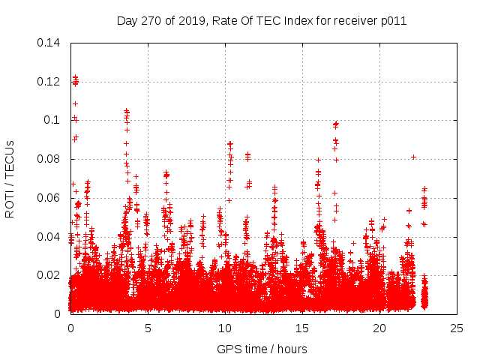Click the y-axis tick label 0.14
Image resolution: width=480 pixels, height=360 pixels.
tap(49, 42)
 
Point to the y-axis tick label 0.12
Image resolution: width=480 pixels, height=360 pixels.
tap(49, 81)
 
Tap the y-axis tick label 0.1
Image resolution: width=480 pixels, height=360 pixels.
tap(52, 120)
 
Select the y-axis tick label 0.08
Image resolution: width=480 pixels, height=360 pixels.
tap(49, 159)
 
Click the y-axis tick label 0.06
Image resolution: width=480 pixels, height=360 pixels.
tap(49, 198)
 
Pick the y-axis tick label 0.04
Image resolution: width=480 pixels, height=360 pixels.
tap(49, 237)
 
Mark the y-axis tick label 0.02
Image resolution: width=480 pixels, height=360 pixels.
tap(49, 275)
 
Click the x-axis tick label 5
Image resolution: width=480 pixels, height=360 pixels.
tap(148, 328)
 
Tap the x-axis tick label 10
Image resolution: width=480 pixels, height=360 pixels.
tap(225, 328)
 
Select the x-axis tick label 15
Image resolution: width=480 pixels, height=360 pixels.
tap(302, 328)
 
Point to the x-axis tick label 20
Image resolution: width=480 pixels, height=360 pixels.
tap(379, 328)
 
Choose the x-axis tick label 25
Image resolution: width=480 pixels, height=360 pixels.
tap(457, 328)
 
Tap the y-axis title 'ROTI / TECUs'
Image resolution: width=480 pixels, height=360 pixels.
tap(10, 178)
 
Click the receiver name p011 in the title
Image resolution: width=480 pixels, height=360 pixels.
tap(393, 20)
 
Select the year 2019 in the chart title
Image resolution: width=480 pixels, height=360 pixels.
tap(192, 20)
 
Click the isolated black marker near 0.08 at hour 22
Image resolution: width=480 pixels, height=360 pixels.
tap(413, 157)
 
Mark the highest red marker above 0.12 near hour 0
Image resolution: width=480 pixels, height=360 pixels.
tap(75, 77)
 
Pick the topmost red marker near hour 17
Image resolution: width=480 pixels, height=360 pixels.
tap(336, 123)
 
